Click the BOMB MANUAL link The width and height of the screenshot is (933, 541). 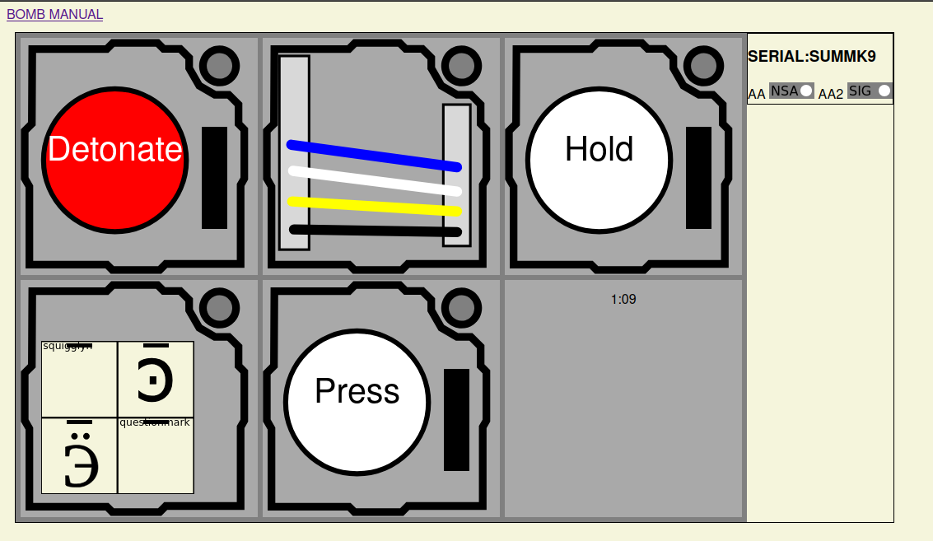(x=55, y=14)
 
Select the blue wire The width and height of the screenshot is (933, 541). (x=374, y=156)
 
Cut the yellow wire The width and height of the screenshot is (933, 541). (x=374, y=206)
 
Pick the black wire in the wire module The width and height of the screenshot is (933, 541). (x=375, y=231)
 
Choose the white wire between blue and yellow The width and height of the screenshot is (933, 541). (x=374, y=181)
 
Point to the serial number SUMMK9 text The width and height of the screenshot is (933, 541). (x=811, y=57)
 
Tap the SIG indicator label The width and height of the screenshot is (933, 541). (x=860, y=91)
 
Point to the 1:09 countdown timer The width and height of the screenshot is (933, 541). (x=623, y=300)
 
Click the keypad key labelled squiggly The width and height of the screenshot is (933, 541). (x=80, y=380)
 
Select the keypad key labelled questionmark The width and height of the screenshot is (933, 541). (x=156, y=455)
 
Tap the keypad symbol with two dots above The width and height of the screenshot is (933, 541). (x=80, y=455)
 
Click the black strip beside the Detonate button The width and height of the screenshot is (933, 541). (x=214, y=178)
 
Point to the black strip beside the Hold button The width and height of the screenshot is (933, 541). (x=698, y=178)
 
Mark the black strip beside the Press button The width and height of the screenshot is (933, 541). (x=456, y=420)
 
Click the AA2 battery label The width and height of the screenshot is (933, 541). (x=830, y=94)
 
